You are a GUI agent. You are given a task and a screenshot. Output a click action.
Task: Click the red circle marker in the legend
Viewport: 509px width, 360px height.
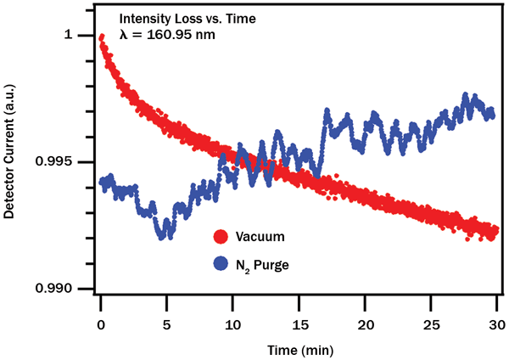point(222,237)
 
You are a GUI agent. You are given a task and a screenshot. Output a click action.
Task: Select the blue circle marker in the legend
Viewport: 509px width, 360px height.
point(222,265)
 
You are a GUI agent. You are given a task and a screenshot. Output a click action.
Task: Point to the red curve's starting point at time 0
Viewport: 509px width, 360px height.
point(102,37)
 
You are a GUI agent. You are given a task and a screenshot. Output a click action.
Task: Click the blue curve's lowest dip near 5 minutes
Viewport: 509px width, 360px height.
point(163,235)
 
